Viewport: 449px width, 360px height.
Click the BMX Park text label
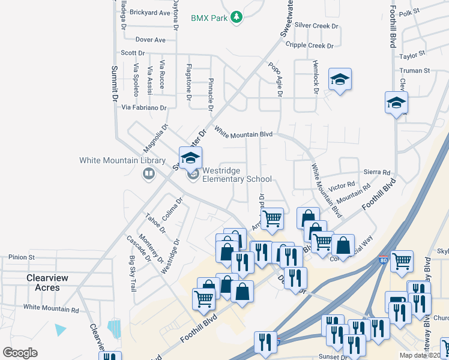pyautogui.click(x=209, y=18)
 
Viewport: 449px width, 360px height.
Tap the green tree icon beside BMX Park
pyautogui.click(x=237, y=17)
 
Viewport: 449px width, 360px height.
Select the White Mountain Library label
pyautogui.click(x=122, y=161)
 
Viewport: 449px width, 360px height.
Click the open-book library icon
pyautogui.click(x=148, y=174)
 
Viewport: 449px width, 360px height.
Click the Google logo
pyautogui.click(x=20, y=353)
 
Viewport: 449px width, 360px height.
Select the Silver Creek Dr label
pyautogui.click(x=317, y=26)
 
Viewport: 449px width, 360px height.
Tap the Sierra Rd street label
pyautogui.click(x=377, y=172)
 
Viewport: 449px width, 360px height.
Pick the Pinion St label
pyautogui.click(x=22, y=257)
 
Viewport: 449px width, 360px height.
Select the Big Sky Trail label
pyautogui.click(x=133, y=274)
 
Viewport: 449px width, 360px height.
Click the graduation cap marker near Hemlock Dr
pyautogui.click(x=340, y=79)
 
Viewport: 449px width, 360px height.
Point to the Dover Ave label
pyautogui.click(x=150, y=40)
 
